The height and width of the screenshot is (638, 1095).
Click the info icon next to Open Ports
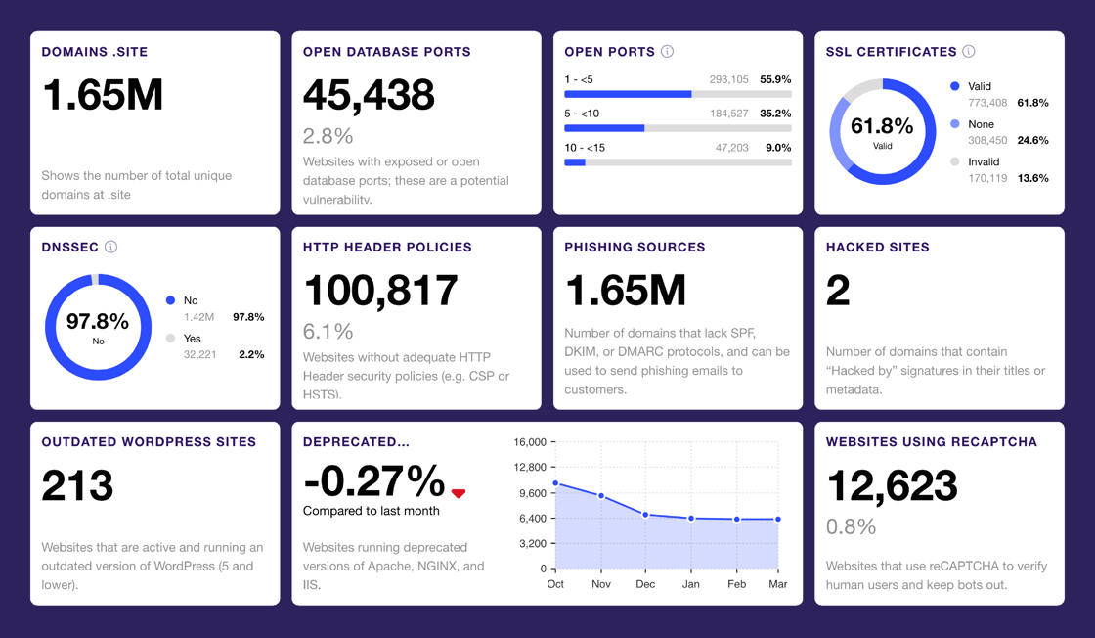click(x=667, y=52)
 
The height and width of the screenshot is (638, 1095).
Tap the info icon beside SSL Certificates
click(x=968, y=52)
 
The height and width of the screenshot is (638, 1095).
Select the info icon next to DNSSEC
click(x=110, y=247)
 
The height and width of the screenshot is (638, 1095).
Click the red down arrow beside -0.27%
click(x=459, y=493)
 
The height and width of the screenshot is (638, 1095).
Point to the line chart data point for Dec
click(x=646, y=515)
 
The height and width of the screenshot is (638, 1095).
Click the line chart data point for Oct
click(x=556, y=483)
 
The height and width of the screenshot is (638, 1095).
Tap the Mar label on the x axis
click(x=778, y=584)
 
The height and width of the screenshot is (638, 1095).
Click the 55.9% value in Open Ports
click(x=775, y=79)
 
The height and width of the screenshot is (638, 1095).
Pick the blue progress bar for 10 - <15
click(x=575, y=162)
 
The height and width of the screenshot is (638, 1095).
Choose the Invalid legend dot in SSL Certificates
click(x=955, y=161)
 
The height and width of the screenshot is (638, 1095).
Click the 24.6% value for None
click(x=1032, y=140)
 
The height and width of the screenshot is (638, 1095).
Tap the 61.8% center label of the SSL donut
click(x=882, y=126)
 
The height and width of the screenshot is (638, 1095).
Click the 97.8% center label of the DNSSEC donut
click(x=98, y=322)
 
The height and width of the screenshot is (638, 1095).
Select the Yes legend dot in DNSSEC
click(x=171, y=339)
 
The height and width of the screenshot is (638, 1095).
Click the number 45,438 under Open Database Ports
click(x=369, y=95)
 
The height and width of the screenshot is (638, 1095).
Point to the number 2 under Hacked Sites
click(x=838, y=291)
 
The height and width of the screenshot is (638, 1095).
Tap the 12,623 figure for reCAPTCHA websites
click(x=892, y=486)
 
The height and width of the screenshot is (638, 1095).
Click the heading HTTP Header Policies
click(x=387, y=248)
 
